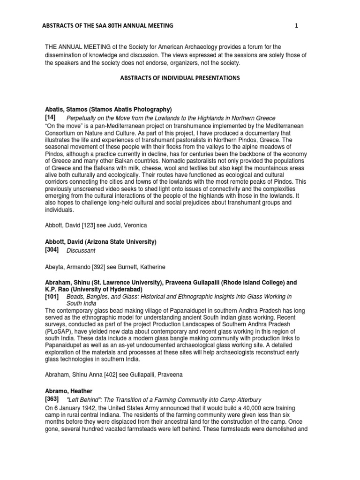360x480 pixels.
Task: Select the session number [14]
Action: pos(51,118)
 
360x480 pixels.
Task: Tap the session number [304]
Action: pos(52,251)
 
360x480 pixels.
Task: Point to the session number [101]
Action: pos(52,297)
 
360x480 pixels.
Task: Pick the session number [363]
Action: pos(52,399)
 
